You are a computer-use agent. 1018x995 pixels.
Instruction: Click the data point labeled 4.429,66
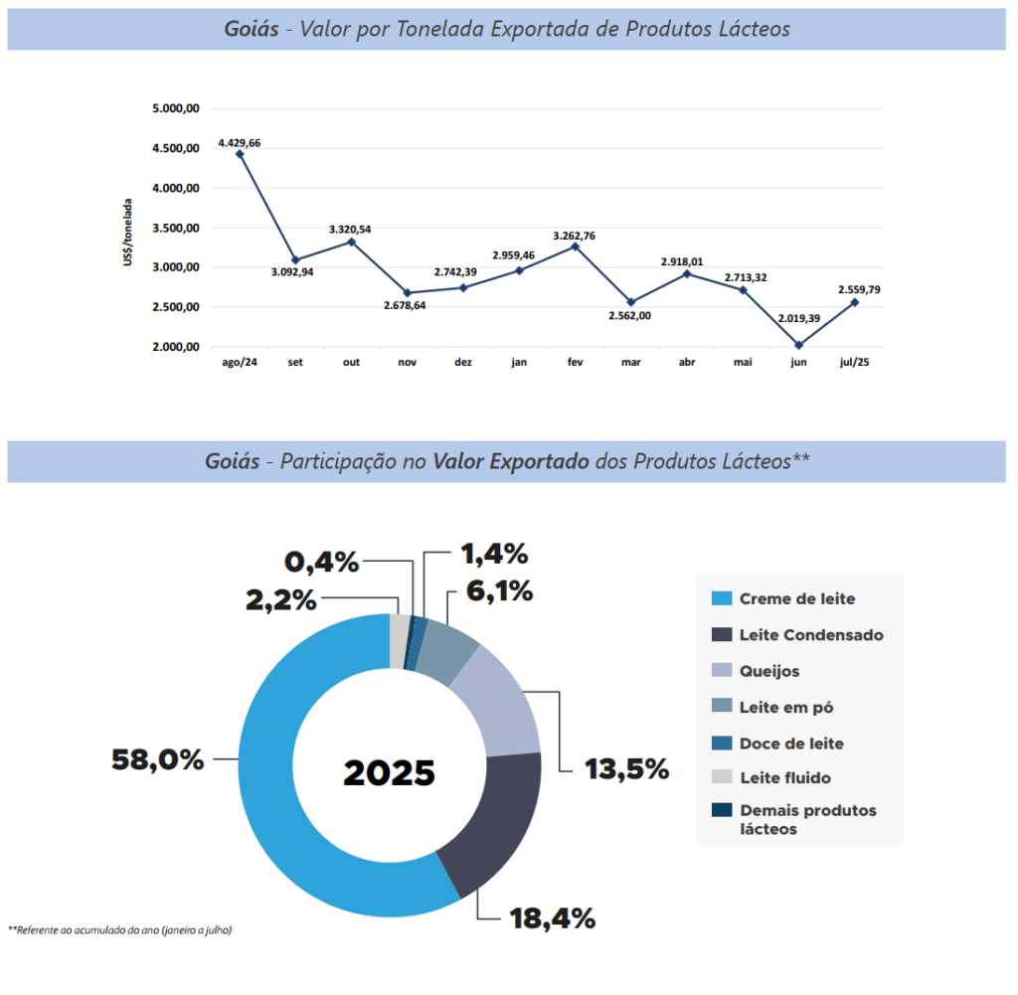(240, 154)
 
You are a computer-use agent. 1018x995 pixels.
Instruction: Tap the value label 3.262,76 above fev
(575, 236)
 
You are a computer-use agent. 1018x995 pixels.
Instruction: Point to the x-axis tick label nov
(407, 363)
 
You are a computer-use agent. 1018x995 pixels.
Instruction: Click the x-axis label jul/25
(854, 363)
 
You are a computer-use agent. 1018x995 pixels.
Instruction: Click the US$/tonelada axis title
(128, 232)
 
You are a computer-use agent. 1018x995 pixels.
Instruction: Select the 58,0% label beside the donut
(158, 760)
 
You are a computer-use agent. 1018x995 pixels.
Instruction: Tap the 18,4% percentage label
(552, 917)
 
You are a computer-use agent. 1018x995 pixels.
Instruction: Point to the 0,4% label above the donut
(321, 562)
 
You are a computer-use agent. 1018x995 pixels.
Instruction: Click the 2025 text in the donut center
(389, 772)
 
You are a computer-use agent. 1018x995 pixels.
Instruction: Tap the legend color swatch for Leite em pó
(722, 707)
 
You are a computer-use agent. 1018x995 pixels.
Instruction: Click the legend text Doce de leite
(791, 743)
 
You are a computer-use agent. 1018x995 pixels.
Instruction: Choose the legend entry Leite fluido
(785, 777)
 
